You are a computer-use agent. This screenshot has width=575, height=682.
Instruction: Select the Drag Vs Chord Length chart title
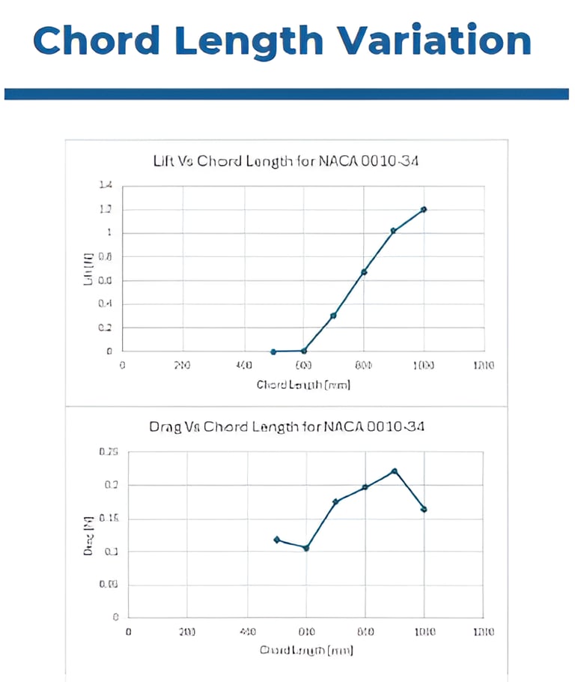[287, 427]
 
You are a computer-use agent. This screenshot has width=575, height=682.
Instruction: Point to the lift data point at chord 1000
[424, 209]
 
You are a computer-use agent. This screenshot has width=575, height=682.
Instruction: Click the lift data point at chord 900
[393, 231]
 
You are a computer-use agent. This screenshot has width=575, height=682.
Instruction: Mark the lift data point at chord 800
[364, 271]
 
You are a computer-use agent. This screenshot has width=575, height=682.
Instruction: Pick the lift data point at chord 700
[333, 316]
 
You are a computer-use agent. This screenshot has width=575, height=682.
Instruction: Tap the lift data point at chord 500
[273, 351]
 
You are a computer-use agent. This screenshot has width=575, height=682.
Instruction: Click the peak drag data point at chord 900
[395, 471]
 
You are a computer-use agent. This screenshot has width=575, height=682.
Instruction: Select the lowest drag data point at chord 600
[305, 548]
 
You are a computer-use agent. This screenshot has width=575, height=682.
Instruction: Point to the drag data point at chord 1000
[424, 509]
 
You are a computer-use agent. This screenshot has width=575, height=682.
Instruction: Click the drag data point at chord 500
[277, 540]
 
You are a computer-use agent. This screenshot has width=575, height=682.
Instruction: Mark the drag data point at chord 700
[335, 501]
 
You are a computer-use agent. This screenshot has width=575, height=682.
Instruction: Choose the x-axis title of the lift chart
[303, 385]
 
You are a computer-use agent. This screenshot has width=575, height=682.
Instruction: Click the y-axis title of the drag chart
[88, 535]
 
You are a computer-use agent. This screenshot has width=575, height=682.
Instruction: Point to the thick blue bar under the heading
[287, 94]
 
